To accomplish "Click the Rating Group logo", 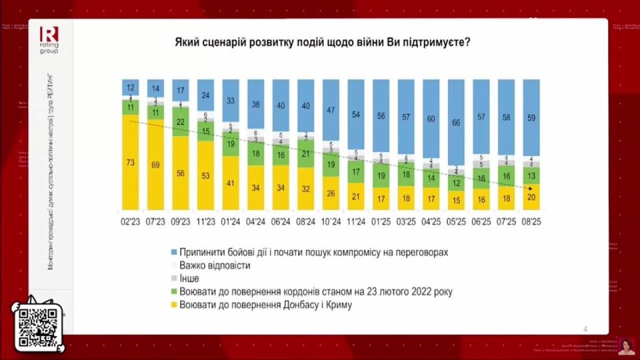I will [49, 39].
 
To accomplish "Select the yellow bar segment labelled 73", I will [131, 162].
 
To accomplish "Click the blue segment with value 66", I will [456, 123].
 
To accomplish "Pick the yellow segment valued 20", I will [531, 197].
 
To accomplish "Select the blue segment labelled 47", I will [331, 111].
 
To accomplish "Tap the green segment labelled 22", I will [181, 122].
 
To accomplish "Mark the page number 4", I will [585, 328].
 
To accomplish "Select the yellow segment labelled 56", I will [181, 172].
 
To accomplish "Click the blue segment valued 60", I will [431, 119].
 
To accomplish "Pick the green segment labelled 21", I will [306, 153].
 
